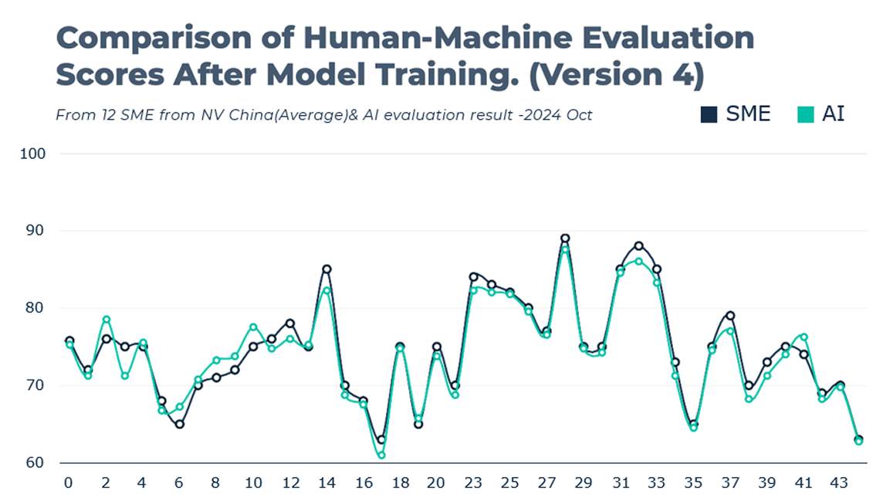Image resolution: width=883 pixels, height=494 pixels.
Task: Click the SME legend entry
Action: tap(736, 114)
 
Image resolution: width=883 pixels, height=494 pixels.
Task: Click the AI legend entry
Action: tap(821, 114)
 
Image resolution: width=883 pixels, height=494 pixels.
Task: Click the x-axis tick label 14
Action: tap(326, 482)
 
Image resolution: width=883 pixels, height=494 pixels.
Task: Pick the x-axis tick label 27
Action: tap(546, 482)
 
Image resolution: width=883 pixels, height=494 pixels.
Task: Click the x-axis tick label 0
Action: tap(69, 482)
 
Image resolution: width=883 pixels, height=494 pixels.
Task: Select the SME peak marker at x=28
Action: tap(565, 239)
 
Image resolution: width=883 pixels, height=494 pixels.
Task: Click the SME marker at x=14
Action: tap(326, 269)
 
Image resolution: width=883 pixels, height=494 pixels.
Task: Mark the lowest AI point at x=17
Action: tap(381, 455)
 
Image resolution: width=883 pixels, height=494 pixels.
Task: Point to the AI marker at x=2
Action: tap(107, 320)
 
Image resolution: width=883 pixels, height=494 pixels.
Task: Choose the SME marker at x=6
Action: tap(180, 424)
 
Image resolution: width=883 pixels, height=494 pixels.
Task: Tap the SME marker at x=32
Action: tap(638, 246)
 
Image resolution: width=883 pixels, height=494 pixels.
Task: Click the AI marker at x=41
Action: tap(803, 337)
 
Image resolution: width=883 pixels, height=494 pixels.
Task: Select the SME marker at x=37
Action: tap(730, 316)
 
